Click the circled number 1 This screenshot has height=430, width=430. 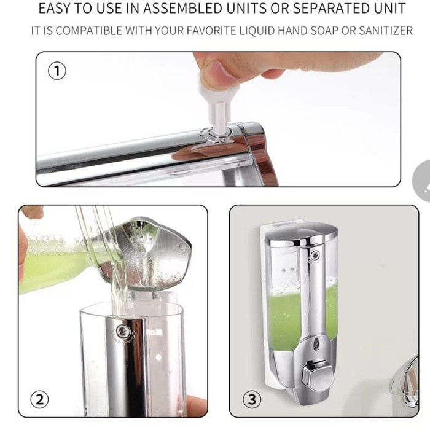(x=57, y=71)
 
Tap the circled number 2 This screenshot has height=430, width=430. (x=40, y=399)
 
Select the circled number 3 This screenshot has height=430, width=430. (x=252, y=399)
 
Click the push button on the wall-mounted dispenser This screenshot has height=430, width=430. (x=318, y=376)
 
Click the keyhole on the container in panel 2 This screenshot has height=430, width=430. (x=124, y=332)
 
